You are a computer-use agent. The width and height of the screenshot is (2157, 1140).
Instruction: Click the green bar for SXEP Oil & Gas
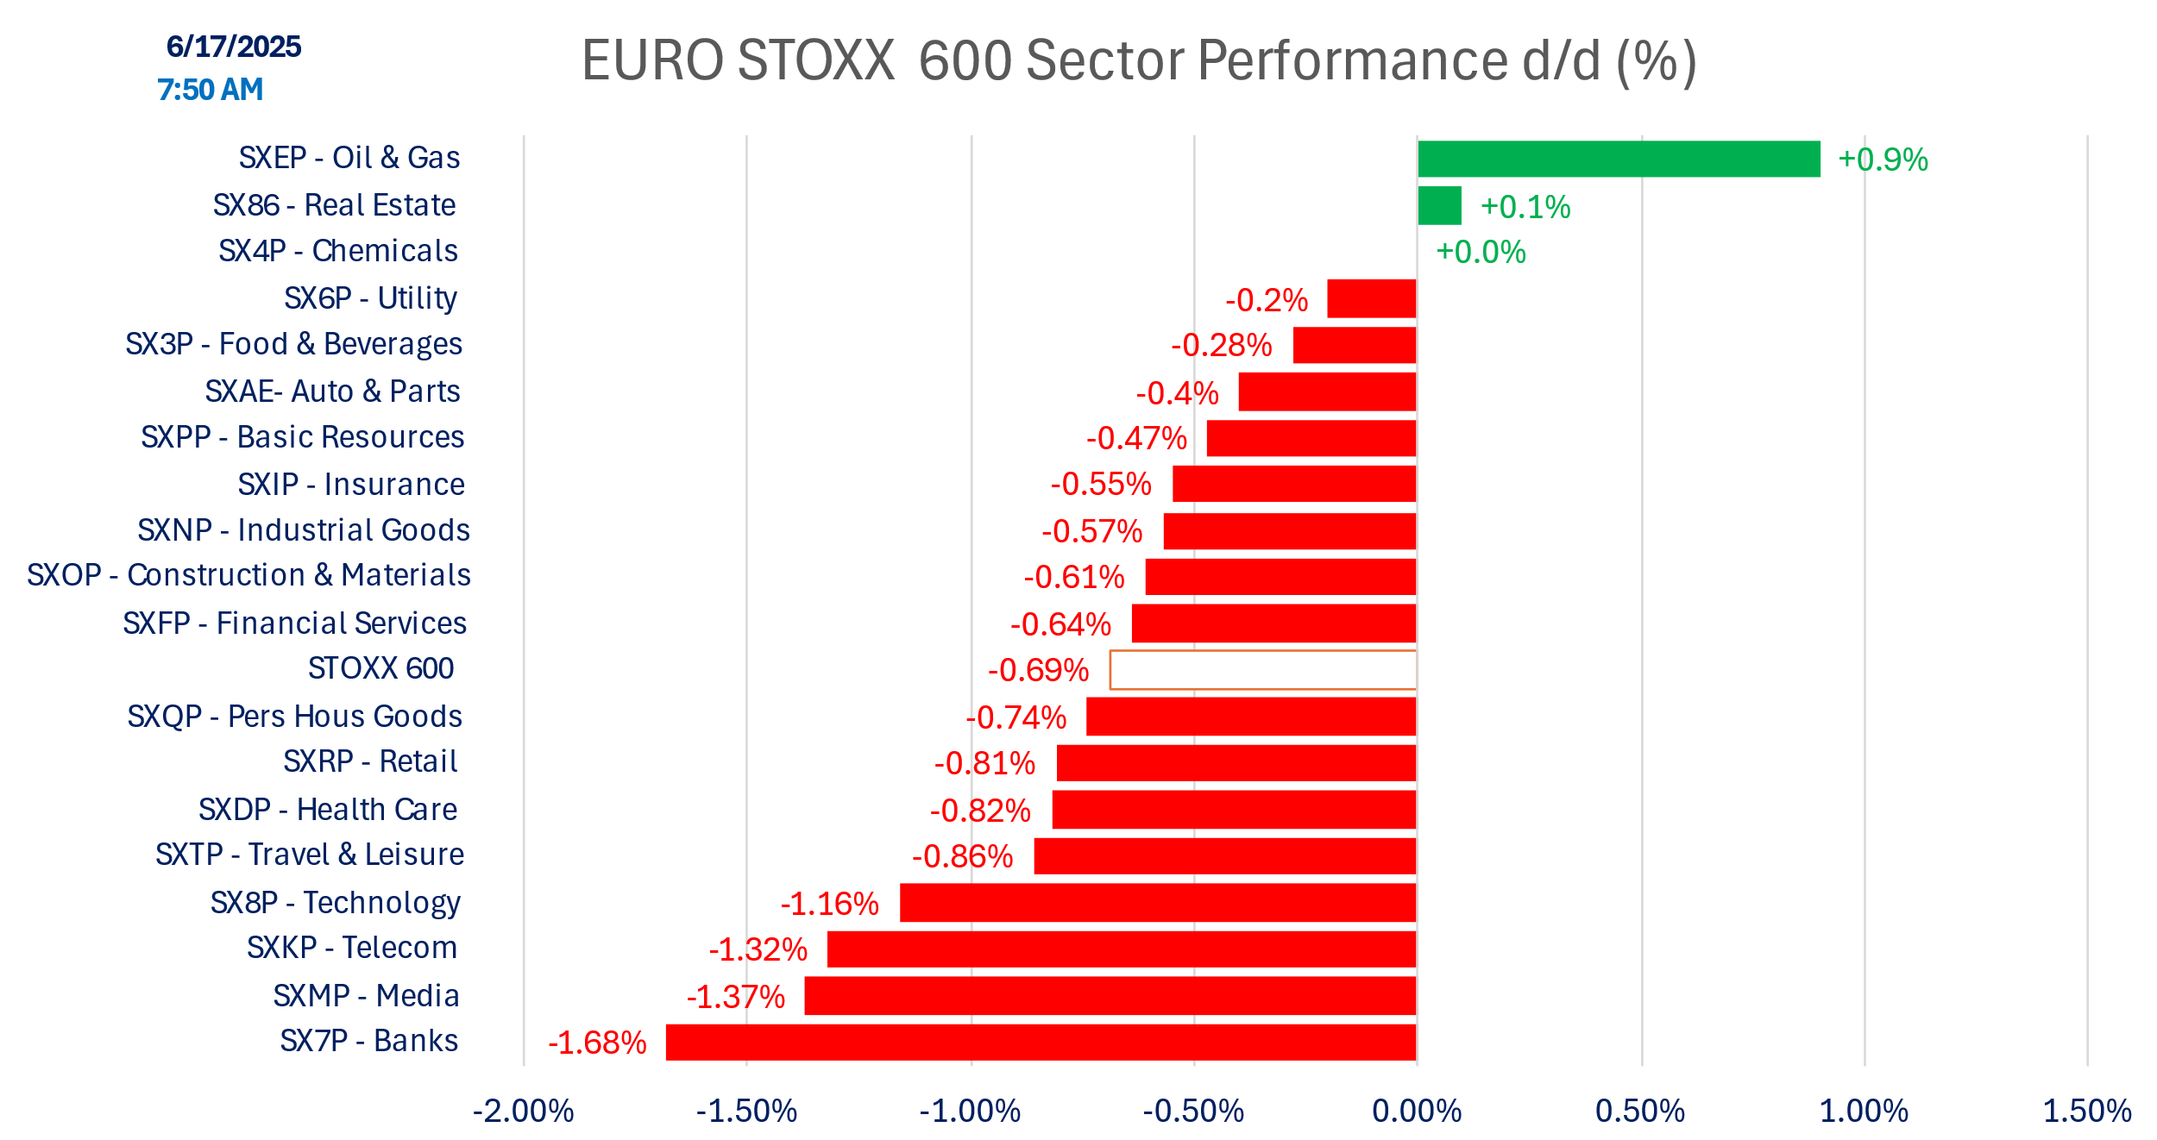point(1618,159)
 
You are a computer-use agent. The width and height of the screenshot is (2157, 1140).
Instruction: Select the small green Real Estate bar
point(1439,205)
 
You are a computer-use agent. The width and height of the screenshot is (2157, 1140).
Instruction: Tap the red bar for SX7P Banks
point(1041,1042)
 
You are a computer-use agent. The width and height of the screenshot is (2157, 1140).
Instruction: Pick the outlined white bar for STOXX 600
point(1262,670)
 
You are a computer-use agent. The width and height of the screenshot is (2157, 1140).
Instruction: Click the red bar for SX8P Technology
point(1157,902)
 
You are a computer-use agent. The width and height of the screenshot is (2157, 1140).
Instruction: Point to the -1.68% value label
point(597,1043)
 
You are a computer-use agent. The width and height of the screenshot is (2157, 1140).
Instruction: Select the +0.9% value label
point(1882,160)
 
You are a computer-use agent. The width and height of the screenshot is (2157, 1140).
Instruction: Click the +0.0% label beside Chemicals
point(1481,252)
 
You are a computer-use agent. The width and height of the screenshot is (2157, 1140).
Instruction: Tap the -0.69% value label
point(1037,670)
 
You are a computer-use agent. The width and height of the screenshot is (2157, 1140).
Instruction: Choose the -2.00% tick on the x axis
point(523,1111)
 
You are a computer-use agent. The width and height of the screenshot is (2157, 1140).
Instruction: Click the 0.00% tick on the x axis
point(1417,1111)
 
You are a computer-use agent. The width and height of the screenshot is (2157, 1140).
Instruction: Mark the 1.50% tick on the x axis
point(2086,1111)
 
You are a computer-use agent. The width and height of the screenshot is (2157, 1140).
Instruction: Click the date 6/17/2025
point(234,47)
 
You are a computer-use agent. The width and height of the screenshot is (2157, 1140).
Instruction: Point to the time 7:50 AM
point(210,90)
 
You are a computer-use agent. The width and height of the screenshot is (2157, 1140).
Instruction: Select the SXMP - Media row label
point(366,995)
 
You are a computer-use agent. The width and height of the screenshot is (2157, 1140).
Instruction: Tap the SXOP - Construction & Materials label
point(248,574)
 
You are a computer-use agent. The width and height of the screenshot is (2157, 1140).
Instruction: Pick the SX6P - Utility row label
point(370,298)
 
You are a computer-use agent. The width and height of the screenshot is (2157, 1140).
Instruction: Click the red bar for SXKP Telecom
point(1121,949)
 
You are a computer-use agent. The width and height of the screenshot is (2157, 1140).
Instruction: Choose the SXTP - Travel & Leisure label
point(309,854)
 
